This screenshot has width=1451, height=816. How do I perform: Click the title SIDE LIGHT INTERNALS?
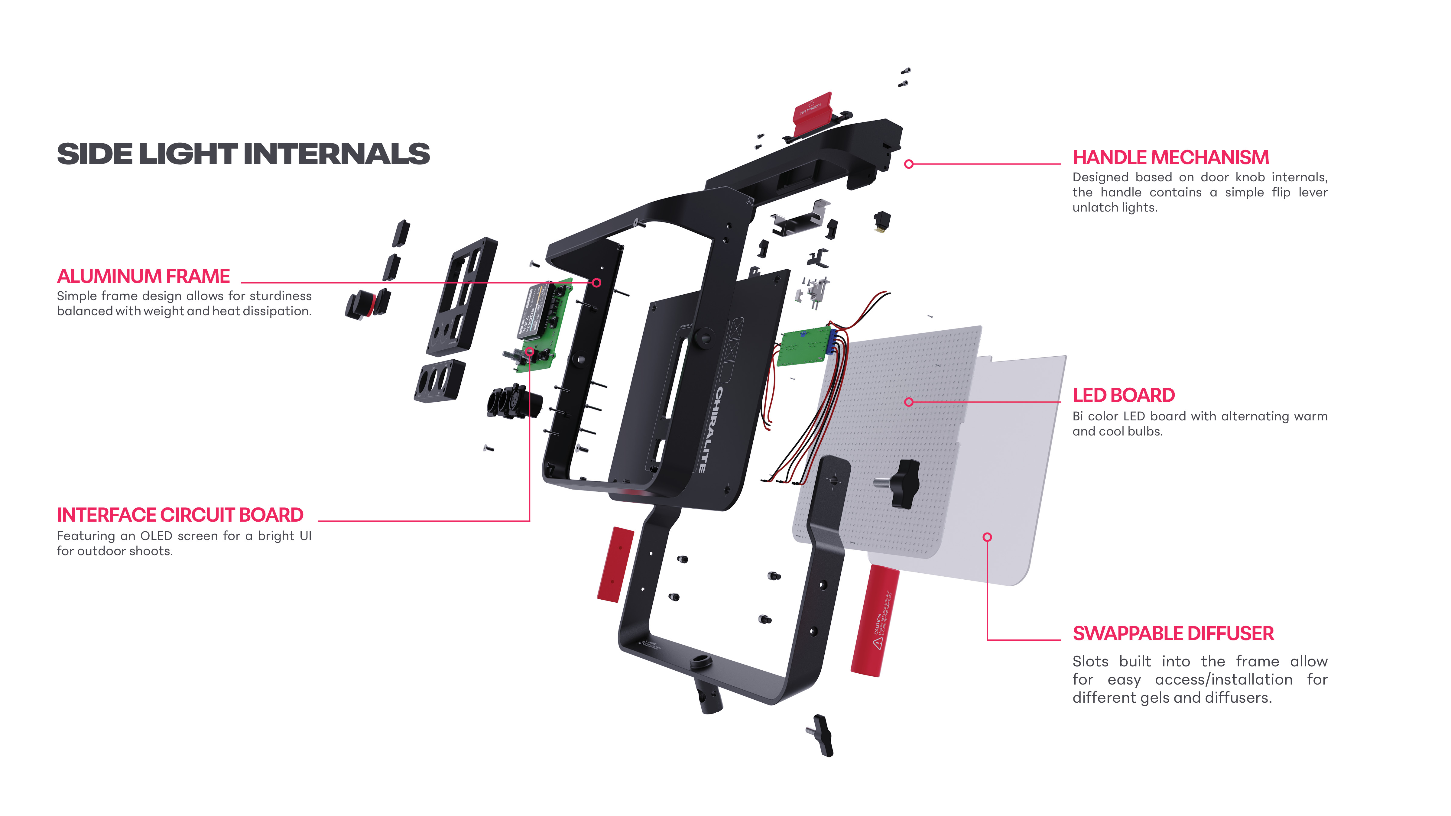point(243,154)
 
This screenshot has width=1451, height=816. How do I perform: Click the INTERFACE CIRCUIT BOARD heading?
point(180,515)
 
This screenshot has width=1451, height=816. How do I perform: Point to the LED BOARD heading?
point(1123,395)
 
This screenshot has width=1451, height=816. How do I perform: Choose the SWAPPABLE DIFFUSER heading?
point(1173,633)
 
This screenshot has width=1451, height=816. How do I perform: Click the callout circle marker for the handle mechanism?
point(909,164)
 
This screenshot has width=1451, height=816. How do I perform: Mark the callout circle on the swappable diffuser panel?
point(987,537)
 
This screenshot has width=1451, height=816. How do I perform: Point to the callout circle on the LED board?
point(909,402)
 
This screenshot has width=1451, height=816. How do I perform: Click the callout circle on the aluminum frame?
point(596,283)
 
